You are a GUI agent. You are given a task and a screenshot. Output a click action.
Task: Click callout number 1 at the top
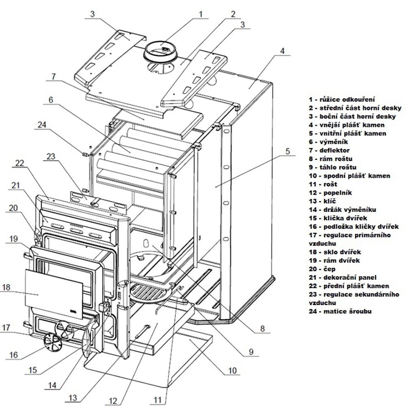point(200,14)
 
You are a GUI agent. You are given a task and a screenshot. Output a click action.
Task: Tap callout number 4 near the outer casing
point(283,52)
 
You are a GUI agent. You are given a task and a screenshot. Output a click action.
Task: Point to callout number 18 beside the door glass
point(6,287)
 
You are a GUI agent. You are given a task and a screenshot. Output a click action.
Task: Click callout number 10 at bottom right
point(232,370)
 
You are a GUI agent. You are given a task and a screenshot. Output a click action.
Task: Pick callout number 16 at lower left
point(13,355)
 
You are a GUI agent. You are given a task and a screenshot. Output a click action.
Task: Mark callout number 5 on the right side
point(287,152)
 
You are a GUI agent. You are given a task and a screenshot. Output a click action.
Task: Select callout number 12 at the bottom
point(113,401)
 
